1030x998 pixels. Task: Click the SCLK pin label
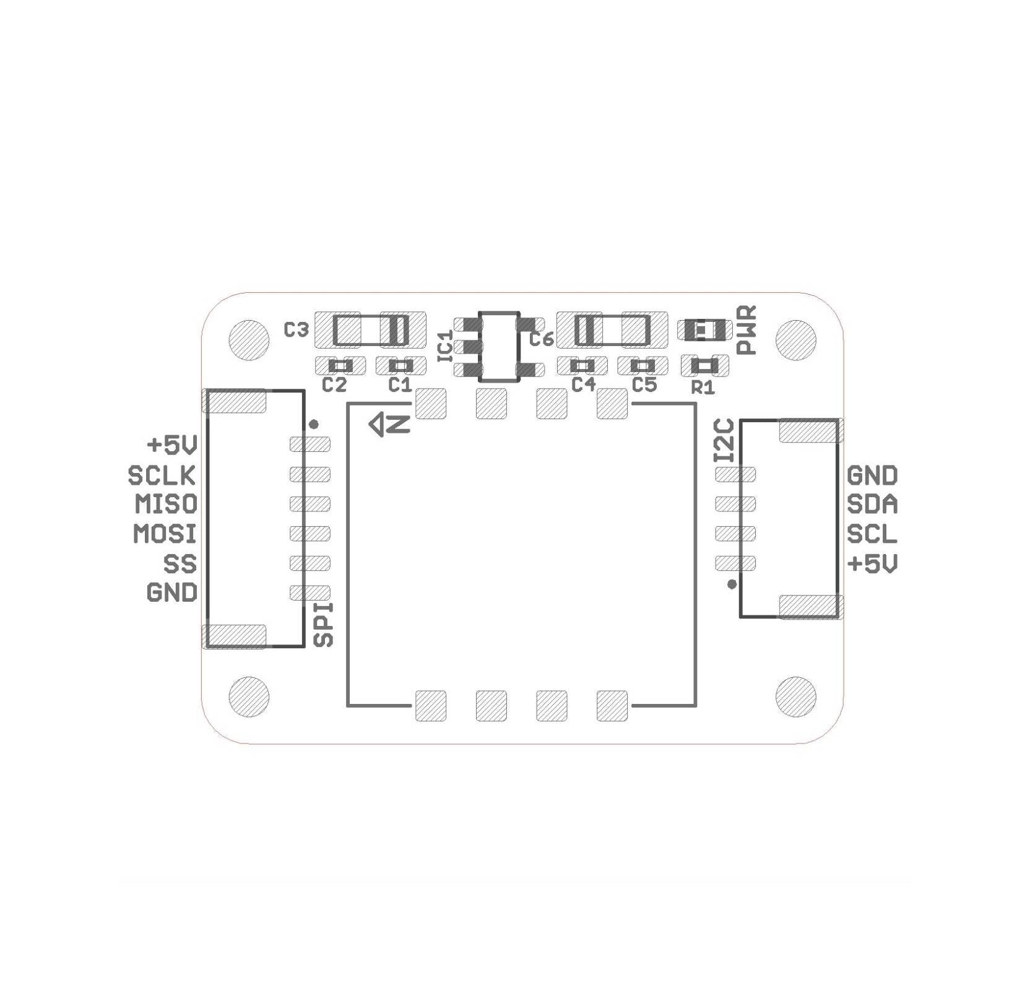(162, 475)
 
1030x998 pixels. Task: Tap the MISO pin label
(166, 504)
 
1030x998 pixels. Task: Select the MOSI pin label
(165, 533)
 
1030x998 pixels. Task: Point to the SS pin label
(180, 563)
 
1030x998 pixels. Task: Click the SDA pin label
(872, 505)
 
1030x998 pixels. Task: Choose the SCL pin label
(872, 534)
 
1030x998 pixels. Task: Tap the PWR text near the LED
(747, 330)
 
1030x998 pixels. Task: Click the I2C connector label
(724, 440)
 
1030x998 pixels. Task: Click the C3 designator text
(296, 330)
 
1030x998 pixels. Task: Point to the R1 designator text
(703, 388)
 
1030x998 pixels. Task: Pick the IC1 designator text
(446, 347)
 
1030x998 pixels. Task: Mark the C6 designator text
(541, 339)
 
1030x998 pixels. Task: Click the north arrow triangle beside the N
(378, 425)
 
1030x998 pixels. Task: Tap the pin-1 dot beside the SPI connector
(314, 424)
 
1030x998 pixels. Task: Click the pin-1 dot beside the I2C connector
(732, 584)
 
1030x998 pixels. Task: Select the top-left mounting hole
(249, 340)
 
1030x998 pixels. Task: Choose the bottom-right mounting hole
(795, 696)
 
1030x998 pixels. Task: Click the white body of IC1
(499, 347)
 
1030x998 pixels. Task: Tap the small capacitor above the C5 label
(642, 365)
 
